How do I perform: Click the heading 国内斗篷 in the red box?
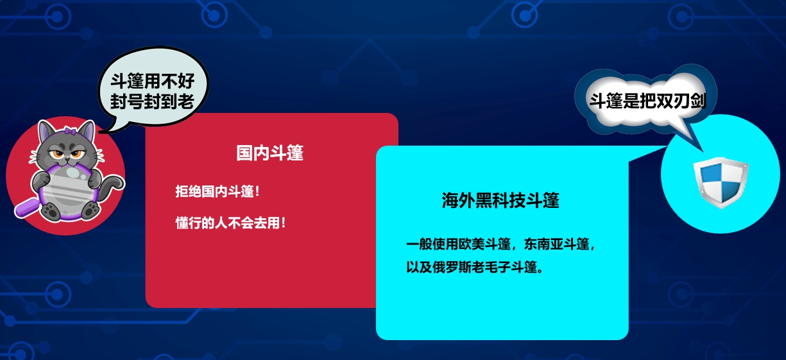270,153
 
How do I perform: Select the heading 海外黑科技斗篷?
500,200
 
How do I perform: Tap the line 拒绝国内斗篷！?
218,192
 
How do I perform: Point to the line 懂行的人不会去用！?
230,223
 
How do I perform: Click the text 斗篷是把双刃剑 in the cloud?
647,101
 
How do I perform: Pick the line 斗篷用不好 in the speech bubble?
152,81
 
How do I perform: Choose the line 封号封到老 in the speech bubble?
152,102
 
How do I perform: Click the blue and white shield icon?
721,183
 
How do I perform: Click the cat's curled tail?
112,186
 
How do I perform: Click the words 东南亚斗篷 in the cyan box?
556,244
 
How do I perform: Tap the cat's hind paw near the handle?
51,211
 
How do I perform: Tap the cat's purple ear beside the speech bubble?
88,130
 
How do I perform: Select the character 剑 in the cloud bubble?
698,101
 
